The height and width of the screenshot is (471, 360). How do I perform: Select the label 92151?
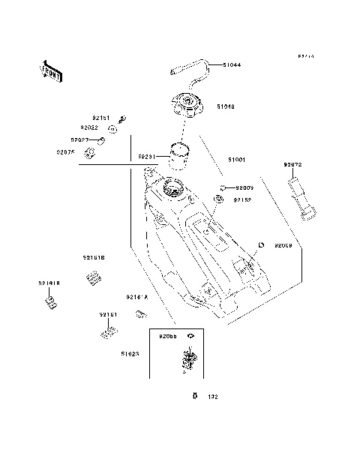click(x=101, y=118)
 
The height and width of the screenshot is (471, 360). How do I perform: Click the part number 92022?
click(x=90, y=128)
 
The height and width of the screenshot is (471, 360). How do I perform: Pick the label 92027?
click(x=81, y=139)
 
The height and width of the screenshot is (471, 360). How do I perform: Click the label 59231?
click(x=146, y=157)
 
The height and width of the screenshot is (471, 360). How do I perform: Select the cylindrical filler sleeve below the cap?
click(x=178, y=156)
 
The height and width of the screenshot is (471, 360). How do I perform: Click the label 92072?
click(x=293, y=164)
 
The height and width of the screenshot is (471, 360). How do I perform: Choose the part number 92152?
click(x=241, y=200)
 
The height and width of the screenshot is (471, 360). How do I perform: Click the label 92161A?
click(x=136, y=296)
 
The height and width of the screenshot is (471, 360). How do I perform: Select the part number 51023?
click(x=130, y=352)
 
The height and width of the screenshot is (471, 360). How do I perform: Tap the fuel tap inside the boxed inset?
click(x=190, y=359)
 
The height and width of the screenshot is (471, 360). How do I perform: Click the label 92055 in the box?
click(x=167, y=337)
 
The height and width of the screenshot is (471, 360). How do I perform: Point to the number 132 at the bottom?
click(x=212, y=397)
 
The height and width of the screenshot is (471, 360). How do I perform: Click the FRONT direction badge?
click(x=50, y=70)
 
